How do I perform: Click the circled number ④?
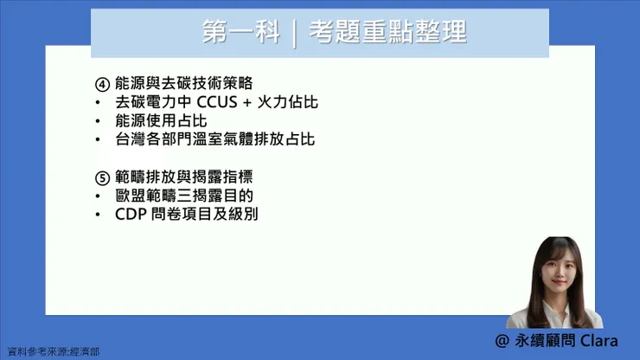click(102, 84)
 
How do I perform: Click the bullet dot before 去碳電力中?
click(99, 103)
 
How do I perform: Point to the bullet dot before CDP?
click(99, 214)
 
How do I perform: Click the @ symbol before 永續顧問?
click(502, 340)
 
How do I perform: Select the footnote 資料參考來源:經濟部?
click(53, 352)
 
